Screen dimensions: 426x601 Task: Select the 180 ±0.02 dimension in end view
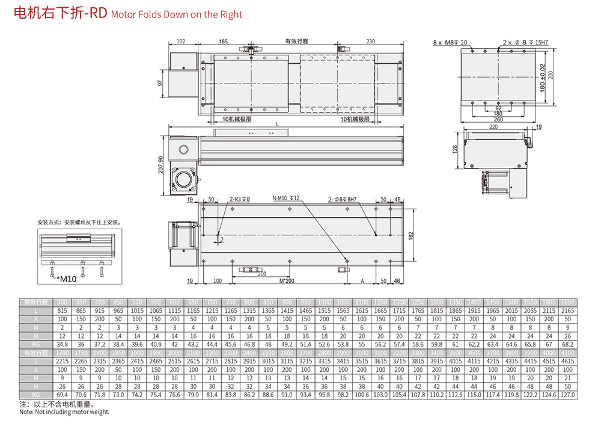tap(543, 76)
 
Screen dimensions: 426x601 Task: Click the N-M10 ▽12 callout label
tap(286, 198)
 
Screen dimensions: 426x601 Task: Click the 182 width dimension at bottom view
tap(410, 235)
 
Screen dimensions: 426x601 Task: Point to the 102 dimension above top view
tap(181, 42)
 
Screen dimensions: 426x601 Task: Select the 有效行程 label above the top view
tap(296, 42)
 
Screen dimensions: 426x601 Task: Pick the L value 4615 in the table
tap(567, 362)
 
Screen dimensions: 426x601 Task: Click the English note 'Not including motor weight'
tap(64, 412)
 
